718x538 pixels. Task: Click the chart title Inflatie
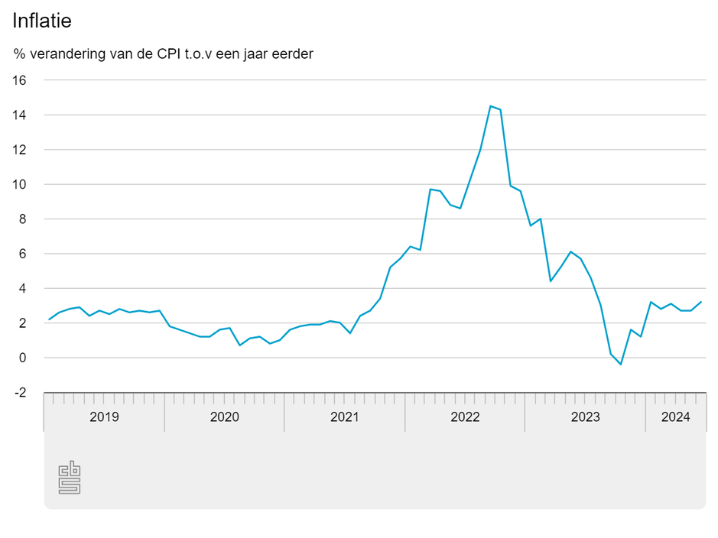point(42,21)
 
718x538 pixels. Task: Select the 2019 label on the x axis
point(104,417)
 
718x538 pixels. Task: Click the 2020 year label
point(224,417)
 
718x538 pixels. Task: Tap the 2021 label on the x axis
point(345,417)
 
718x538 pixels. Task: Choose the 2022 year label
point(465,417)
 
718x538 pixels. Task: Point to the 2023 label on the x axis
point(585,417)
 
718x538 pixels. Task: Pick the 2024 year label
point(675,417)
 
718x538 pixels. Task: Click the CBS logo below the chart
point(70,478)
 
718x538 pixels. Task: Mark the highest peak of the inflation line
point(490,106)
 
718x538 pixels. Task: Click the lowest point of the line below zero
point(621,365)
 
